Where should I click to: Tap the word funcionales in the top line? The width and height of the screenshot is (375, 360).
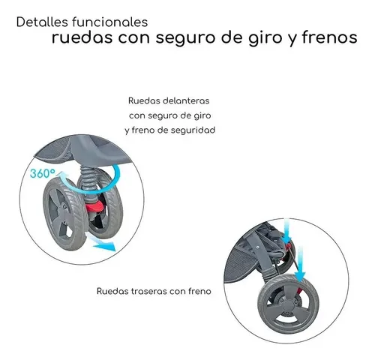pos(110,22)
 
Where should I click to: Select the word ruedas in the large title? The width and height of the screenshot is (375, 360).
pos(82,37)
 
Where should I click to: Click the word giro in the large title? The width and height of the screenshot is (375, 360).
pos(265,38)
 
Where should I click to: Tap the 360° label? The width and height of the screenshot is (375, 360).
pos(43,173)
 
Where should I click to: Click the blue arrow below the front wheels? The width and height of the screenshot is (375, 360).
pos(100,241)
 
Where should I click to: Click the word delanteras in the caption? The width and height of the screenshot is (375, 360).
pos(186,100)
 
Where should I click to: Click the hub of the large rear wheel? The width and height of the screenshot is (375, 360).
pos(289,306)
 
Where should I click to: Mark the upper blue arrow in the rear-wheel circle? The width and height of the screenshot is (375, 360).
pos(286,230)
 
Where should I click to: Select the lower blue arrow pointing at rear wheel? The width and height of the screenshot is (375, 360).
pos(300,264)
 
